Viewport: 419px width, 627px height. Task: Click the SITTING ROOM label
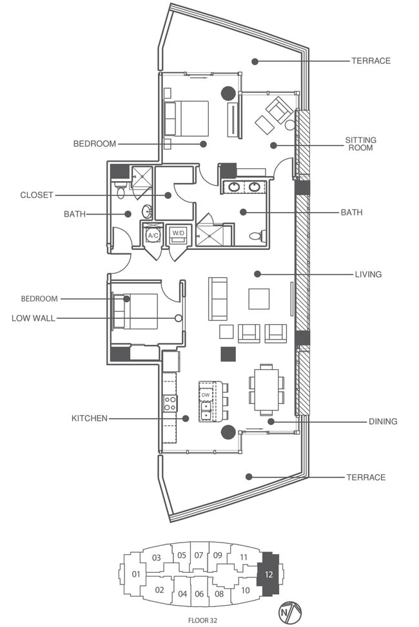coord(360,144)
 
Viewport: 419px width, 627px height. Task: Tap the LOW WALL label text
coord(34,318)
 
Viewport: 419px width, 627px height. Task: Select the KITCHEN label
coord(89,418)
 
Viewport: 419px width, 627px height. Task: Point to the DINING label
coord(382,421)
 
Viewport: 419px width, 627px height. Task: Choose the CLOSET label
coord(36,195)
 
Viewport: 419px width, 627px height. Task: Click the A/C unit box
coord(153,236)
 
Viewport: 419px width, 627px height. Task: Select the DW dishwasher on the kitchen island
coord(206,393)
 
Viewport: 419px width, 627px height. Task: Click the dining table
coord(266,391)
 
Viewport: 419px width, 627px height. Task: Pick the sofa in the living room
coord(218,298)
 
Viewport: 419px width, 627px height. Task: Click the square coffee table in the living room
coord(259,298)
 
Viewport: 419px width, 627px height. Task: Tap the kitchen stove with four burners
coord(170,404)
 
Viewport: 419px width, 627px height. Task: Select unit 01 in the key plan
coord(136,574)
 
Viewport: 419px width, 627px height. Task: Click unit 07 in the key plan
coord(199,555)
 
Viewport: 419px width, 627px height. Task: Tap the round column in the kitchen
coord(228,432)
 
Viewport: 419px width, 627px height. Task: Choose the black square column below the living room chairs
coord(228,354)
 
